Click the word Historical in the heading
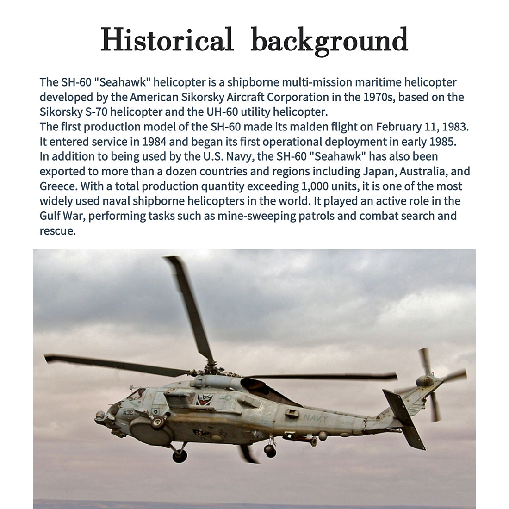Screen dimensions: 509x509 (x=167, y=40)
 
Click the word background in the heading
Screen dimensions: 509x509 (x=329, y=41)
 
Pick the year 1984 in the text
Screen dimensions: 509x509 (x=155, y=142)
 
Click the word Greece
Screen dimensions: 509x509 (x=58, y=186)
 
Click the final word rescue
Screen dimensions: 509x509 (x=57, y=230)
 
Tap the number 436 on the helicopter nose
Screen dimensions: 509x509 (x=128, y=412)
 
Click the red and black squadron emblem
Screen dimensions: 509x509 (x=204, y=399)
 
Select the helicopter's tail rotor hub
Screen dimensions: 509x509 (x=425, y=381)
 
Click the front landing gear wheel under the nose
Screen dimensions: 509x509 (x=180, y=456)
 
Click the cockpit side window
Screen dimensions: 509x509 (x=137, y=394)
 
